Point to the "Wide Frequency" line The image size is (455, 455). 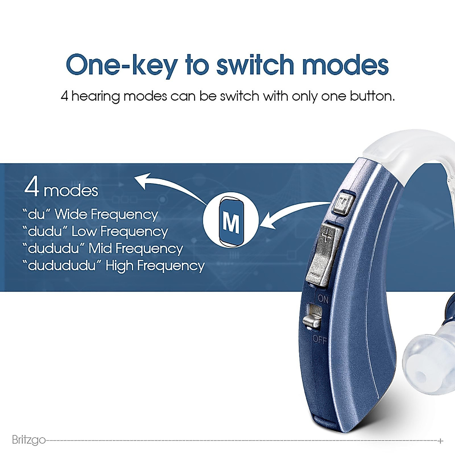90,215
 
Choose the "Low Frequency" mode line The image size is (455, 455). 95,232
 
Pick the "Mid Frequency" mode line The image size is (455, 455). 102,249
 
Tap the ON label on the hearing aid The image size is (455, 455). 323,299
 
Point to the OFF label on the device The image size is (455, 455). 319,339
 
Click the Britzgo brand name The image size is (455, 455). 29,440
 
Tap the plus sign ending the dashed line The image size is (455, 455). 440,441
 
